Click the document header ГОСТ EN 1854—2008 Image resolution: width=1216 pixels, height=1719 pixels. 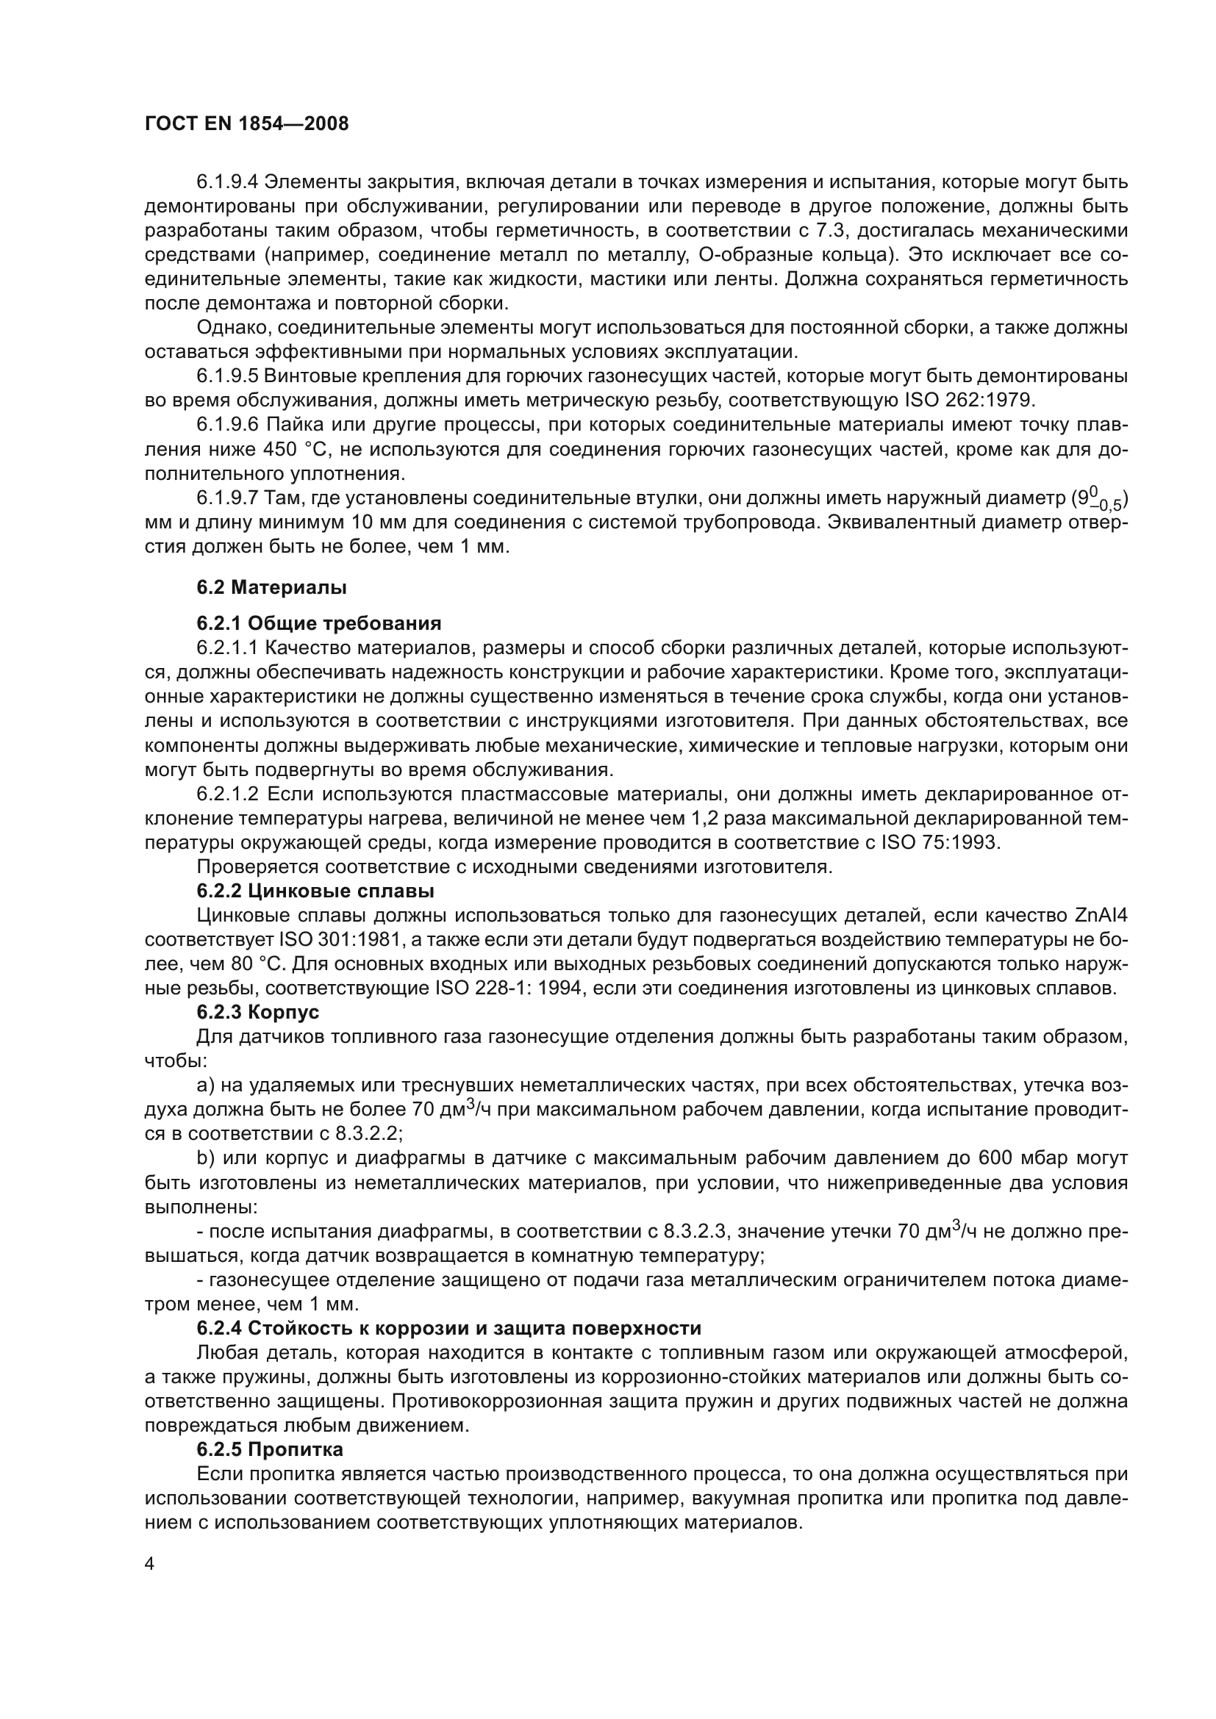pyautogui.click(x=246, y=124)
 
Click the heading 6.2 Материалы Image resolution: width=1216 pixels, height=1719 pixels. pyautogui.click(x=271, y=588)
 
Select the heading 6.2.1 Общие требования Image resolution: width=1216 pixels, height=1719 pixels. pyautogui.click(x=319, y=624)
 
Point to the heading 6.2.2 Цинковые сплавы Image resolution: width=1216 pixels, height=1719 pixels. pyautogui.click(x=315, y=891)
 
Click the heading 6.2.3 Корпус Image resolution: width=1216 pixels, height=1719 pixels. pyautogui.click(x=257, y=1012)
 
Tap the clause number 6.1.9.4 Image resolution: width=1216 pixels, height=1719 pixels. pyautogui.click(x=228, y=182)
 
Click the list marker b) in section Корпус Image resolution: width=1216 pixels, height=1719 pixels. pyautogui.click(x=205, y=1158)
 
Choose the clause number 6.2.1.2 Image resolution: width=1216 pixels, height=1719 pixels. pyautogui.click(x=228, y=794)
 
